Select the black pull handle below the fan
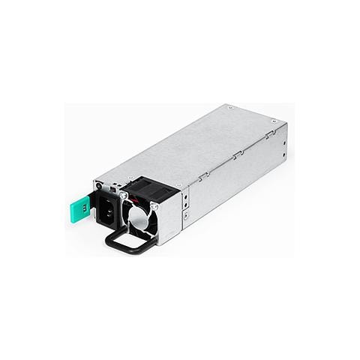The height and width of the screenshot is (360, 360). (132, 241)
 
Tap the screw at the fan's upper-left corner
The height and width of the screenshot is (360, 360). (123, 195)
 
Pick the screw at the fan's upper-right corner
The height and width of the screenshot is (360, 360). (154, 206)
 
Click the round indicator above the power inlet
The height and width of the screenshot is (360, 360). (98, 185)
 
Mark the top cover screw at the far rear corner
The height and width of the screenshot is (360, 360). (274, 121)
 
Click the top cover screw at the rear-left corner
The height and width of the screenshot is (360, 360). (229, 107)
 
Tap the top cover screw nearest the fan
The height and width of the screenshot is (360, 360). (178, 186)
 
